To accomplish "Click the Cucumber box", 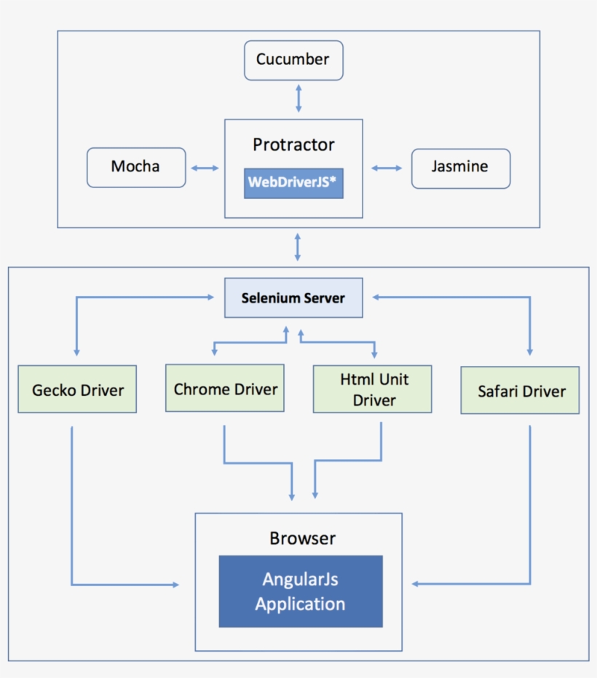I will click(x=293, y=60).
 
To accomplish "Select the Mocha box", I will click(x=136, y=167).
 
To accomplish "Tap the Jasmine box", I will click(x=460, y=167).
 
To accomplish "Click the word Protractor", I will click(x=293, y=144).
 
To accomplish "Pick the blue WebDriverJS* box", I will click(x=293, y=182).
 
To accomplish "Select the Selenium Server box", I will click(x=293, y=298).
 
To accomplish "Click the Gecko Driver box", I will click(x=77, y=390).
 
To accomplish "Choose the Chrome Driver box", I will click(x=225, y=389).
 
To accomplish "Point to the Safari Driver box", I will click(x=521, y=391).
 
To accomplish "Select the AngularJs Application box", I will click(x=300, y=592).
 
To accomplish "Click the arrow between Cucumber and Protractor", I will click(x=297, y=97).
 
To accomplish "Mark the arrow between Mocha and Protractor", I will click(x=205, y=168).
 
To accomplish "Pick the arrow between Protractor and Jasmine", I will click(x=387, y=168).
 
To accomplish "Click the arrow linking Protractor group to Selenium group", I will click(x=297, y=247).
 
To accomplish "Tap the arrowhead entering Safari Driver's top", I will click(x=529, y=351).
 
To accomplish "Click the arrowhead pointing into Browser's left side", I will click(x=175, y=585).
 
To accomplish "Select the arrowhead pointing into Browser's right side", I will click(x=415, y=584).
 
